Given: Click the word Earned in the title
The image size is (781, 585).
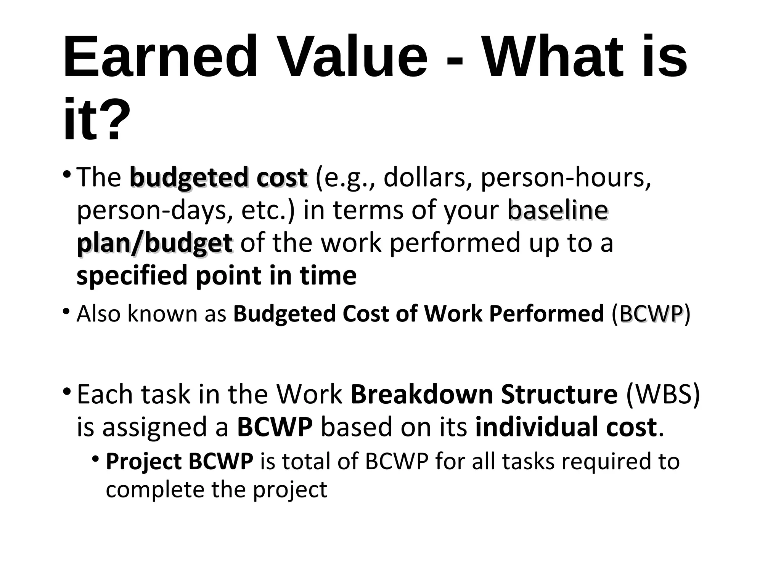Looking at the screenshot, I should (x=160, y=57).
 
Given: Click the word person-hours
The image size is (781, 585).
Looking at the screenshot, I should (x=566, y=178).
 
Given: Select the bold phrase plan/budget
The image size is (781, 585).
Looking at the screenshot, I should (x=154, y=243).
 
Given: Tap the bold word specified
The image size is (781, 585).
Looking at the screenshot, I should (x=132, y=276).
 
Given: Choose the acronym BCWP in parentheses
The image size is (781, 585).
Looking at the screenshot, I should (x=651, y=314).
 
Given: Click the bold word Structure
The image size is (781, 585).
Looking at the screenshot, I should (x=559, y=395).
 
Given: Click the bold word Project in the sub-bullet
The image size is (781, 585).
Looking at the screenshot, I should (x=143, y=462).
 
